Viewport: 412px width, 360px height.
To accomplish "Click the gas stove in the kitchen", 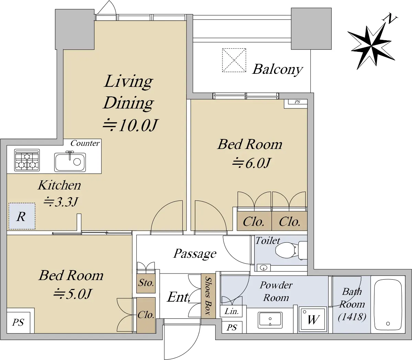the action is tap(27, 160).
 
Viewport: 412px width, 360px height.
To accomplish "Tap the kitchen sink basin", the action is tap(70, 162).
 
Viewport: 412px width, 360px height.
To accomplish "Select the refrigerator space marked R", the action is tap(22, 216).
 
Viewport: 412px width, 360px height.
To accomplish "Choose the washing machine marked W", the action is tap(312, 319).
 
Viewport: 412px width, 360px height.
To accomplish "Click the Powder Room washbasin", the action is tap(270, 320).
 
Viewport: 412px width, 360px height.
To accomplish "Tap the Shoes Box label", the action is tap(208, 296).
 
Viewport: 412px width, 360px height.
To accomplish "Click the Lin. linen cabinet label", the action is tap(231, 311).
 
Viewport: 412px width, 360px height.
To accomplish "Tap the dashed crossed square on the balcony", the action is tap(234, 60).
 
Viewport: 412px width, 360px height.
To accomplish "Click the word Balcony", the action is tap(277, 70).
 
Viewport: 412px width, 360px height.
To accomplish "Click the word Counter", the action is tap(85, 143).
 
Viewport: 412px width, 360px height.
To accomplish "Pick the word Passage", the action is tap(195, 254).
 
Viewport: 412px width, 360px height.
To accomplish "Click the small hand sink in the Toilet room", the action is tap(264, 268).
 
